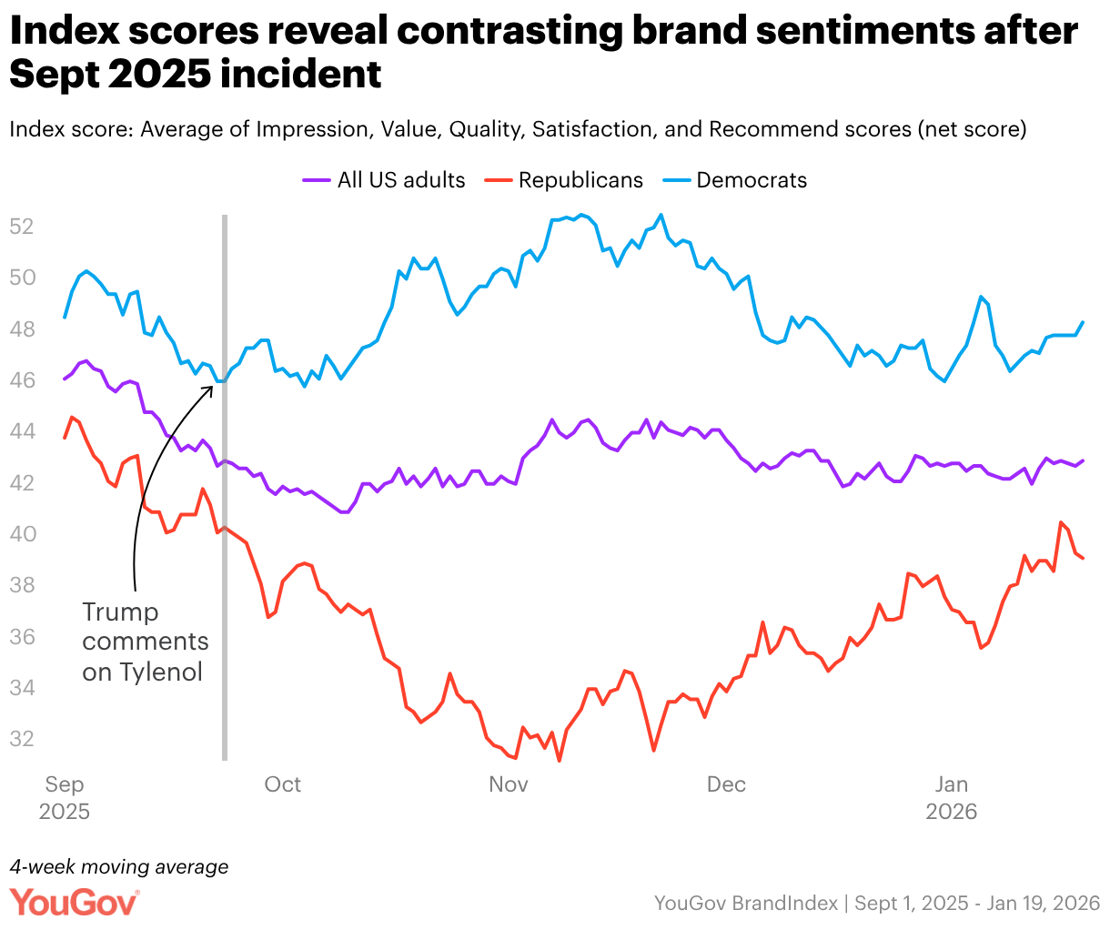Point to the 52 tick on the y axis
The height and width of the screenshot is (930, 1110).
click(22, 226)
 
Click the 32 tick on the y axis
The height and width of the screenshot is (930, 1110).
click(22, 739)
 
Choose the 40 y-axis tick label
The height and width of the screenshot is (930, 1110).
click(22, 533)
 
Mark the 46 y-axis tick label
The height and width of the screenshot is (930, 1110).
click(22, 379)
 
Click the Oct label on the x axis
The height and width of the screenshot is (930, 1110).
click(283, 784)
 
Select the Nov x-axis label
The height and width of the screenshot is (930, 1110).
click(508, 784)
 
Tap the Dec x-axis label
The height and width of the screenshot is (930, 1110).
click(726, 784)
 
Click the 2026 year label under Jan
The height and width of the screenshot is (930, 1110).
click(952, 811)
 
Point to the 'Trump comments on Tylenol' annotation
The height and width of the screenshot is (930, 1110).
click(146, 642)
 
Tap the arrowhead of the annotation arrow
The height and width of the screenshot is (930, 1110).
click(211, 386)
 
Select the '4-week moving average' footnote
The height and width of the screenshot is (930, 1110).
click(119, 866)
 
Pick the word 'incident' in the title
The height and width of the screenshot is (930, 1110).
click(301, 75)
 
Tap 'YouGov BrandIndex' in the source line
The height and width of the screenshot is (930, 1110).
click(746, 903)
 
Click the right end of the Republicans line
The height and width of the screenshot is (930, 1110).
click(1083, 558)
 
